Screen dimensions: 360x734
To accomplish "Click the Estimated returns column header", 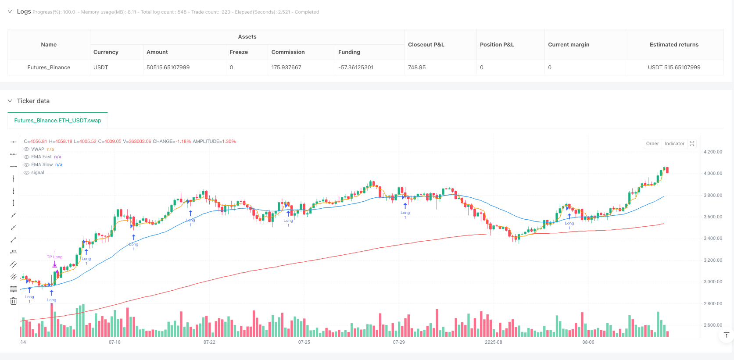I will (674, 44).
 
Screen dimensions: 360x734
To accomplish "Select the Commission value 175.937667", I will (286, 68).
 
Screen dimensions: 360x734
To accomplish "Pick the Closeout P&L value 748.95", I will (417, 68).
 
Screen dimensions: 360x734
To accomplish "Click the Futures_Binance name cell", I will (49, 68).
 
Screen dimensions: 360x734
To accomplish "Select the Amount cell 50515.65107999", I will (168, 68).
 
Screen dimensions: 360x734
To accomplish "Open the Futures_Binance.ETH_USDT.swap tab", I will (57, 120).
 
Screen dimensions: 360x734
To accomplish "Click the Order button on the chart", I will (652, 143).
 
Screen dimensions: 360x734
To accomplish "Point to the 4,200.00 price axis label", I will (713, 152).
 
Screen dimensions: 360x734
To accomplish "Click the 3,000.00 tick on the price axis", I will (713, 282).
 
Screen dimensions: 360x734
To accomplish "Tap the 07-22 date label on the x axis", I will (209, 342).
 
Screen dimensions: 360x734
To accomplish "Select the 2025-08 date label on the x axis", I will (493, 342).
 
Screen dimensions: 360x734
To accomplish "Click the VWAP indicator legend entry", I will (38, 149).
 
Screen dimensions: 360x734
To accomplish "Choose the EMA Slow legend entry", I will (42, 165).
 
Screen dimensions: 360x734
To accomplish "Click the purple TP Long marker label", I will (55, 257).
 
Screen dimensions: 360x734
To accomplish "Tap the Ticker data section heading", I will (33, 101).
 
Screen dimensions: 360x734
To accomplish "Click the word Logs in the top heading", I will (24, 11).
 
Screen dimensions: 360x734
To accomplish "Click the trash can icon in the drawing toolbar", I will (14, 301).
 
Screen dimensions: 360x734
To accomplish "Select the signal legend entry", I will (38, 173).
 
